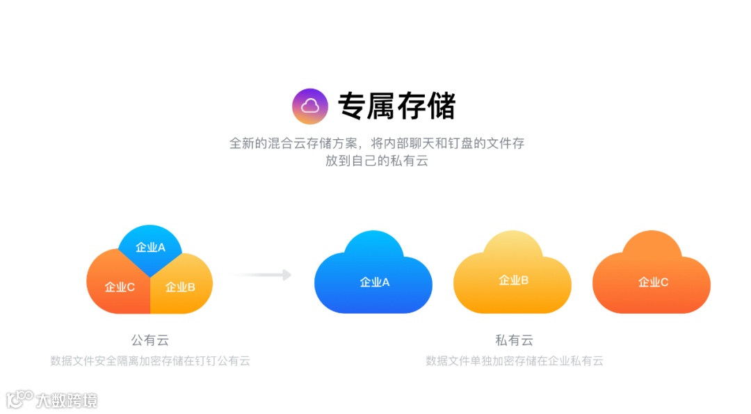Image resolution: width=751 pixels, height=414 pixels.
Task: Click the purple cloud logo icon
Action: coord(309,106)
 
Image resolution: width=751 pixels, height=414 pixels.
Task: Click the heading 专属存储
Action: coord(396,106)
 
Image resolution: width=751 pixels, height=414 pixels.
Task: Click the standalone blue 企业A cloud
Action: coord(373,275)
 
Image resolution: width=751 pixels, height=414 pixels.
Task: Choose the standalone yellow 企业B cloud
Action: coord(512,275)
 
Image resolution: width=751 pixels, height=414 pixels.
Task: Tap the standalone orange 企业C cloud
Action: coord(652,275)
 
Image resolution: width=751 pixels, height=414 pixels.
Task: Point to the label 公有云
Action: coord(150,340)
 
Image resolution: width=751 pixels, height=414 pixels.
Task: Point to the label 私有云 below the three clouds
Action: coord(514,340)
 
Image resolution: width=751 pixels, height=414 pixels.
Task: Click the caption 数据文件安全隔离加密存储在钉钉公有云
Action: coord(150,361)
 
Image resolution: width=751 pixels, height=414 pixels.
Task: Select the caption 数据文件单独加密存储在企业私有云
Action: coord(514,361)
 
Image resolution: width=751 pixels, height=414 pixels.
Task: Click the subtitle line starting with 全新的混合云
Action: coord(376,143)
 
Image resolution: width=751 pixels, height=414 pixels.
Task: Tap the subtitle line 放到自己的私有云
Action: coord(376,161)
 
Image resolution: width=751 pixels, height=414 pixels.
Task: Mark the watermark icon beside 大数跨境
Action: coord(19,399)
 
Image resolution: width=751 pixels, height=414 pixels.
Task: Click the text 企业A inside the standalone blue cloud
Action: coord(375,282)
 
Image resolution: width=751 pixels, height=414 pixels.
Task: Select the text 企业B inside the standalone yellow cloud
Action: coord(514,280)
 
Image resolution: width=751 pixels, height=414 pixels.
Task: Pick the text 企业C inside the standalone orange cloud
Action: coord(653,282)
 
